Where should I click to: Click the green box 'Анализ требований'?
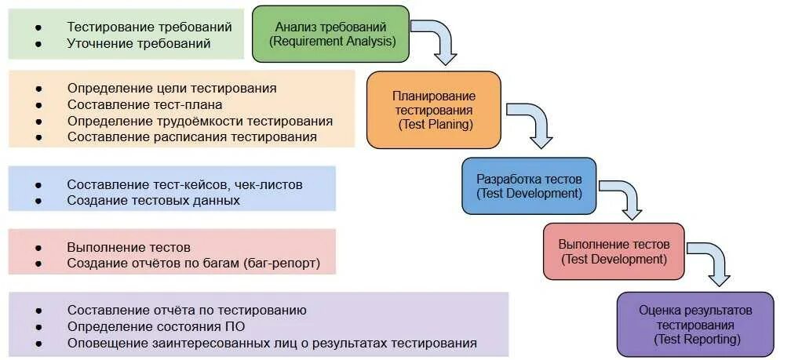tap(330, 34)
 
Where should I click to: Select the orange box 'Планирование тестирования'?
tap(433, 109)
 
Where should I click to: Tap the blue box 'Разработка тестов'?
tap(528, 186)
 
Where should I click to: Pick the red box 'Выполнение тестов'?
tap(613, 251)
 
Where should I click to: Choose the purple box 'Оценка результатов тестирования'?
tap(694, 324)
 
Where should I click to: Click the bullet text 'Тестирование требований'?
tap(149, 27)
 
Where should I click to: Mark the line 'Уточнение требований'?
tap(139, 43)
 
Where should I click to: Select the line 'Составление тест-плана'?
tap(144, 104)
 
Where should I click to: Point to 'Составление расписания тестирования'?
tap(192, 136)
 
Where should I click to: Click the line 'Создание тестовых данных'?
tap(153, 200)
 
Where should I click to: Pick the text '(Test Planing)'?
tap(434, 124)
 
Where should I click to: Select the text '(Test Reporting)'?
tap(695, 339)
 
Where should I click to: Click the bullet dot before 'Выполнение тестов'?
tap(38, 247)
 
